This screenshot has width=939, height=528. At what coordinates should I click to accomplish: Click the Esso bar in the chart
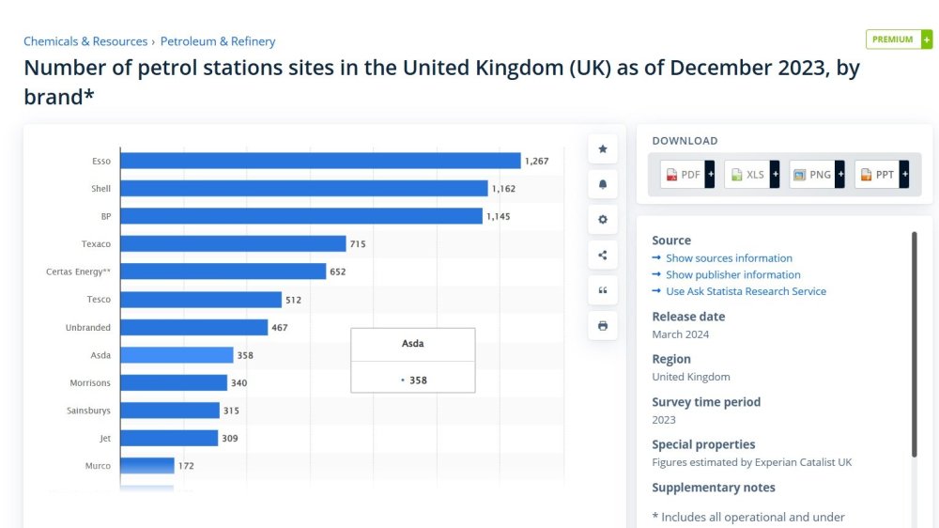pos(320,161)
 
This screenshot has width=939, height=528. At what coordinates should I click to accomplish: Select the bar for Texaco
pos(233,243)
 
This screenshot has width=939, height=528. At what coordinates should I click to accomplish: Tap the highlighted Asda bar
pos(177,355)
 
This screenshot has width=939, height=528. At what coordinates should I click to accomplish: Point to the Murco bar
pos(147,466)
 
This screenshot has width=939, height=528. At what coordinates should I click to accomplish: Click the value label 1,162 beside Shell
pos(503,189)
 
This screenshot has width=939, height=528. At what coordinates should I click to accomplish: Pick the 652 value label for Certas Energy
pos(338,272)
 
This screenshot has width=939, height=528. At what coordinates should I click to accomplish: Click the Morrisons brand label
pos(90,383)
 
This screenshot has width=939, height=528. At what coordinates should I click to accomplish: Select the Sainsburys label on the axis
pos(88,411)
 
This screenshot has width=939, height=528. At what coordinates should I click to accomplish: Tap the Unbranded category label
pos(88,327)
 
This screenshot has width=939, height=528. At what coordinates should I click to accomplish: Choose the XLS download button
pos(752,175)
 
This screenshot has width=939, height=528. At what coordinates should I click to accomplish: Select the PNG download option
pos(817,175)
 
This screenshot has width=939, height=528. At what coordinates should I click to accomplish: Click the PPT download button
pos(882,175)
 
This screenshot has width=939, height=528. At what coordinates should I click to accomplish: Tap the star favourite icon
pos(603,148)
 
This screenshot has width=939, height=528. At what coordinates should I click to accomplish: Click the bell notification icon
pos(603,184)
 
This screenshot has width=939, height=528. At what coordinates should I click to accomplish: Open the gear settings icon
pos(603,219)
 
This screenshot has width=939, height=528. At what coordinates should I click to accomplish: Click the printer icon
pos(603,325)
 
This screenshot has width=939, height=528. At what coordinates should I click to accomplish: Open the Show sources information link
pos(729,257)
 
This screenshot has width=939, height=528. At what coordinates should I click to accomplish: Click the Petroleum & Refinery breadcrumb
pos(218,41)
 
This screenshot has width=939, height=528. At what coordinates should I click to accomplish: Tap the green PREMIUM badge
pos(899,39)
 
